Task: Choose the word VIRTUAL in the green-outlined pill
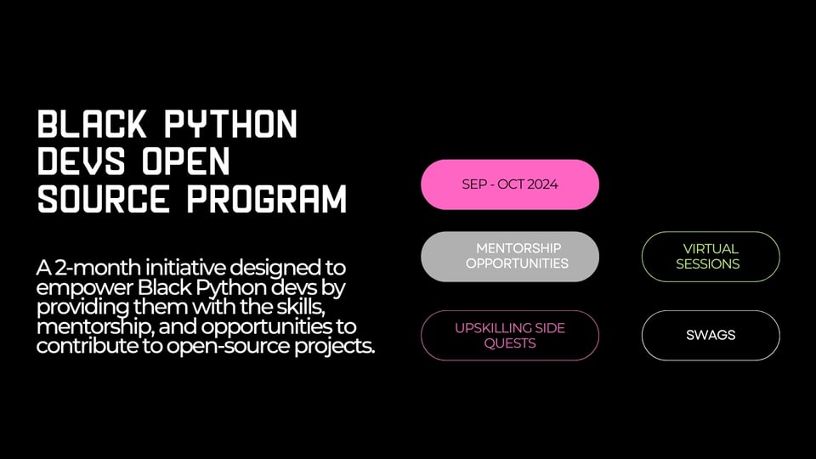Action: tap(711, 249)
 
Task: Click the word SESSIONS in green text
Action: tap(708, 263)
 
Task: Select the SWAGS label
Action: tap(711, 335)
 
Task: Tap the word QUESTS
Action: tap(510, 343)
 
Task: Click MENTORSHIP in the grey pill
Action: tap(518, 248)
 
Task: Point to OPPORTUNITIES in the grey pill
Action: tap(517, 263)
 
